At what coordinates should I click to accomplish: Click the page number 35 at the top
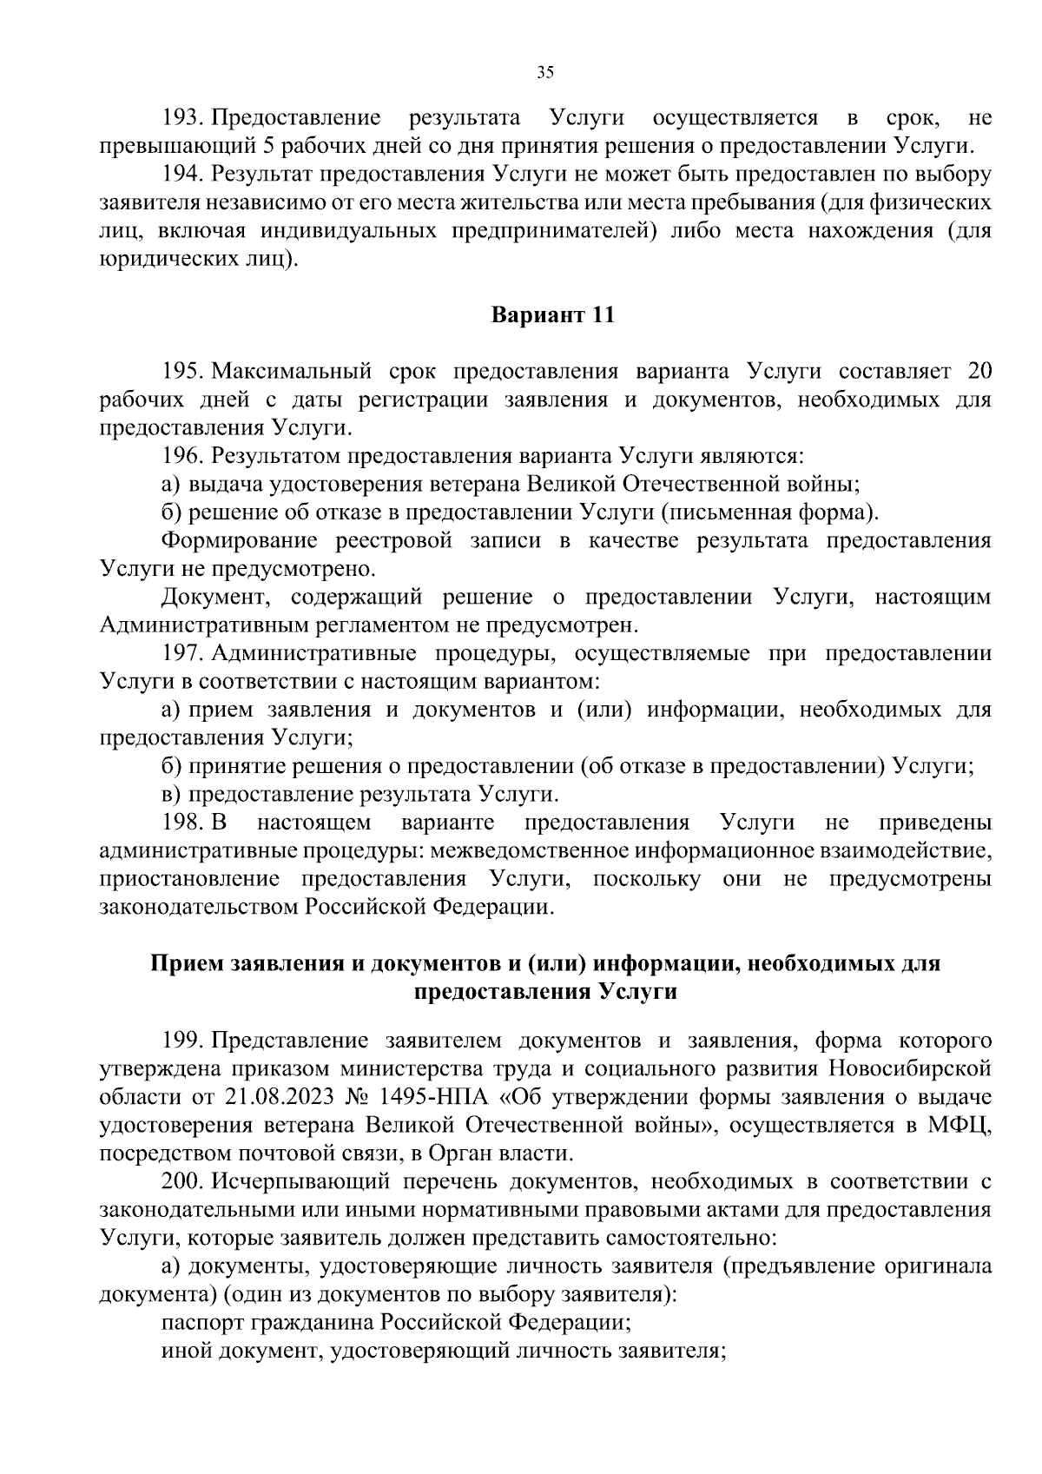tap(544, 73)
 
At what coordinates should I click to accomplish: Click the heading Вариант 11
tap(553, 315)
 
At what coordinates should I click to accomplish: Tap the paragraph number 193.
tap(182, 117)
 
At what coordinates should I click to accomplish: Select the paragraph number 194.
tap(182, 174)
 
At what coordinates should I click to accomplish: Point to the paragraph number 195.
tap(182, 372)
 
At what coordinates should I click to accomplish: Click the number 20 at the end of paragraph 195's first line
tap(978, 372)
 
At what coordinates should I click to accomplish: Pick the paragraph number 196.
tap(182, 456)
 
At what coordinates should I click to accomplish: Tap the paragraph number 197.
tap(182, 653)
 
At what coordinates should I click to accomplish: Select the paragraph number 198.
tap(182, 822)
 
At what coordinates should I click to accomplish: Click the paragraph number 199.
tap(182, 1041)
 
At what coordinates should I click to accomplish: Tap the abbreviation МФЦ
tap(965, 1125)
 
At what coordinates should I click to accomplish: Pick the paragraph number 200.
tap(182, 1181)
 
